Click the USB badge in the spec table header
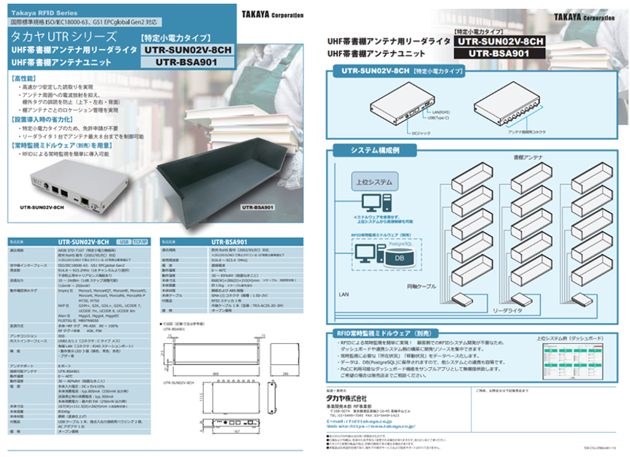point(124,241)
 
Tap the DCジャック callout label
point(401,133)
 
